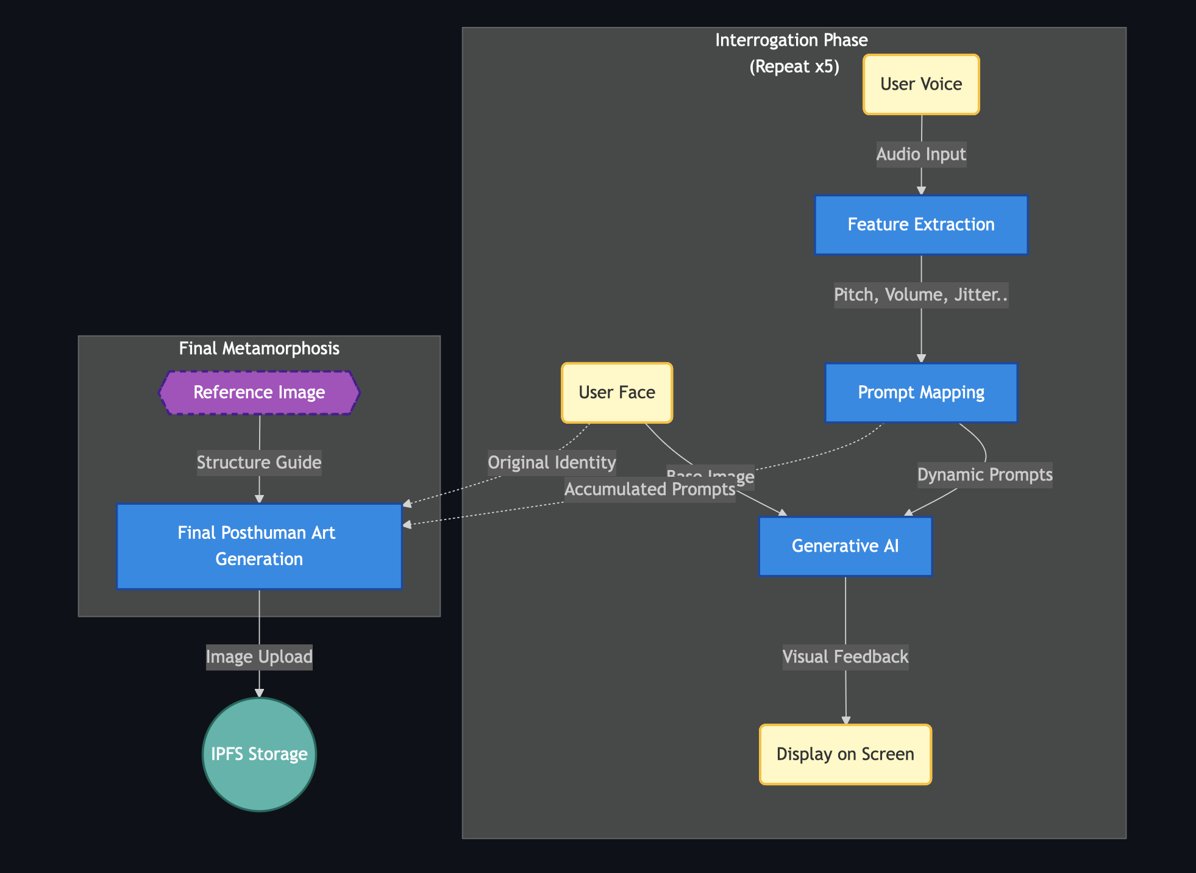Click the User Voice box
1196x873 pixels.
pyautogui.click(x=921, y=84)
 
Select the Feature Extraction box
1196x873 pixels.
pyautogui.click(x=921, y=224)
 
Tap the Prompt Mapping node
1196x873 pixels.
pyautogui.click(x=921, y=393)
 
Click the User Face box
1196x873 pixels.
pyautogui.click(x=617, y=393)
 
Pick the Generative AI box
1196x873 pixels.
pyautogui.click(x=845, y=546)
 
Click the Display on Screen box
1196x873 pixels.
pyautogui.click(x=845, y=754)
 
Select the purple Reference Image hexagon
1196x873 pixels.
pyautogui.click(x=259, y=393)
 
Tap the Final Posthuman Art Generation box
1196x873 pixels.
pyautogui.click(x=259, y=546)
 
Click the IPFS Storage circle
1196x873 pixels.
pyautogui.click(x=259, y=754)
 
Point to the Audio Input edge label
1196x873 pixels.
pyautogui.click(x=921, y=154)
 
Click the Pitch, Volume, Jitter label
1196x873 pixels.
pyautogui.click(x=920, y=295)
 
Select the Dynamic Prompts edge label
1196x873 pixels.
pyautogui.click(x=984, y=475)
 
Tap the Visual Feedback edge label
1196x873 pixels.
pyautogui.click(x=845, y=657)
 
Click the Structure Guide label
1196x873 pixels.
pyautogui.click(x=259, y=463)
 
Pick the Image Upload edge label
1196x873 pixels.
pyautogui.click(x=259, y=657)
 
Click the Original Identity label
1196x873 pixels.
pyautogui.click(x=552, y=463)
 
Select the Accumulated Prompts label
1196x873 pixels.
pyautogui.click(x=649, y=490)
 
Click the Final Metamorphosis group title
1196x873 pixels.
pyautogui.click(x=259, y=349)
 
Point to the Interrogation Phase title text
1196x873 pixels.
pyautogui.click(x=791, y=41)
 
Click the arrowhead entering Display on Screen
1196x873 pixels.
pyautogui.click(x=845, y=721)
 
